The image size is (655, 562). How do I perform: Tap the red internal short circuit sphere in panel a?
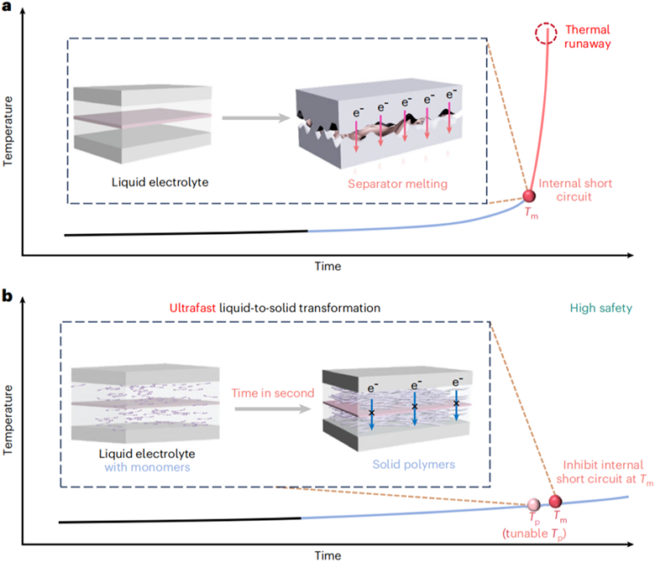tap(529, 195)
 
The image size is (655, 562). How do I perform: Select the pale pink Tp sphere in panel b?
tap(533, 504)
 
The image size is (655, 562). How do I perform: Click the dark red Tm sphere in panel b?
tap(555, 501)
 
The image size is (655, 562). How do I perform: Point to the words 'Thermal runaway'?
tap(587, 37)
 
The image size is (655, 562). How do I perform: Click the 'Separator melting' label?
tap(398, 184)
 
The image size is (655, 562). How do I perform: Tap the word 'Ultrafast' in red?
tap(192, 308)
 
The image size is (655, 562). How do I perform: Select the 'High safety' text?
tap(601, 309)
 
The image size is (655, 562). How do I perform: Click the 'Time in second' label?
tap(273, 393)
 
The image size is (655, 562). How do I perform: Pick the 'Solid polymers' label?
tap(413, 465)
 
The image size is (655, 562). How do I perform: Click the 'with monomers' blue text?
tap(147, 467)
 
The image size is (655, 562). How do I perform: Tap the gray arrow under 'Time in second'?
tap(273, 408)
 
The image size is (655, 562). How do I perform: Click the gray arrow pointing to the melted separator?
tap(256, 118)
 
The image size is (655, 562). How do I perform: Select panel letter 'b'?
tap(7, 296)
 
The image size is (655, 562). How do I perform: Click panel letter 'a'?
tap(6, 7)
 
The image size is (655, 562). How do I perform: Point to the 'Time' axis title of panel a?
tap(327, 266)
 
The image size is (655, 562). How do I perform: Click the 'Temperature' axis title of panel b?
tap(8, 419)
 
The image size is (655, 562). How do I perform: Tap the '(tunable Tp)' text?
tap(534, 534)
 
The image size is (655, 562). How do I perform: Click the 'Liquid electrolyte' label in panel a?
tap(160, 182)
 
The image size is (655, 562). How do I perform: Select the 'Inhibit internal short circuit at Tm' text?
tap(604, 472)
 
